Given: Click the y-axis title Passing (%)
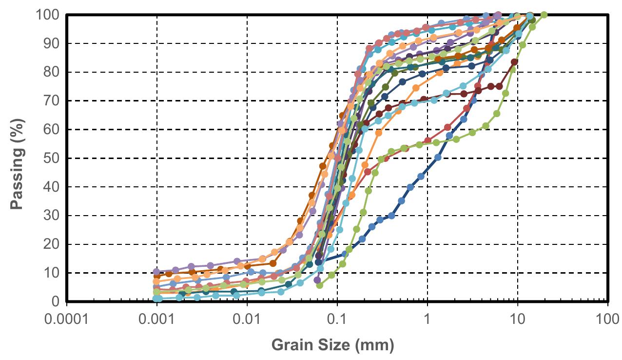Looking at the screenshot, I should (18, 158).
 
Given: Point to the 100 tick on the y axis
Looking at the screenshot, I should (48, 15).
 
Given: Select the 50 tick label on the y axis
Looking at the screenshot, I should (51, 159).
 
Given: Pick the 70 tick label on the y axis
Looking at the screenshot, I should (51, 101).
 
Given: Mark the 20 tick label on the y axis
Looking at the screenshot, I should (51, 244).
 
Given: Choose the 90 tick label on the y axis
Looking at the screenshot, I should (51, 43).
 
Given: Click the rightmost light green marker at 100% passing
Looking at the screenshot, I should (544, 15).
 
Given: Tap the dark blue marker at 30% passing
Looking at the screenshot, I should (391, 216).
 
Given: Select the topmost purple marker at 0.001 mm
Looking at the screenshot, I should (156, 271).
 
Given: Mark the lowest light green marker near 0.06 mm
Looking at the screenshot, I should (320, 285).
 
